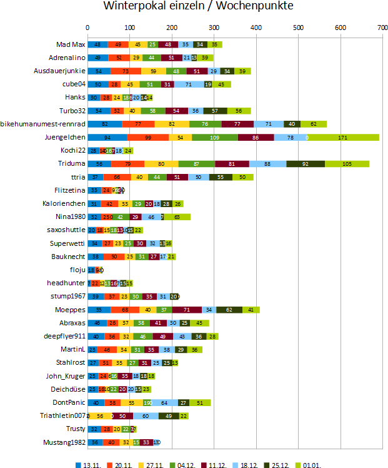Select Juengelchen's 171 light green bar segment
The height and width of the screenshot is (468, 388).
tap(343, 137)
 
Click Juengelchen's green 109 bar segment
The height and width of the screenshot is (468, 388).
tap(214, 137)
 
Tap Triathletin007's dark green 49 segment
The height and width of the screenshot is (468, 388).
tap(169, 415)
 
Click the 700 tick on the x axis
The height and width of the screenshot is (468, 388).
tap(382, 28)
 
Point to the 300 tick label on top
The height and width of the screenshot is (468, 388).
tap(214, 28)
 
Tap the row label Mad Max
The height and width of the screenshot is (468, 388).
tap(71, 45)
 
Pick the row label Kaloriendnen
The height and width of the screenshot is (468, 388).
tap(65, 204)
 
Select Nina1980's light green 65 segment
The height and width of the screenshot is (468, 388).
tap(177, 217)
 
